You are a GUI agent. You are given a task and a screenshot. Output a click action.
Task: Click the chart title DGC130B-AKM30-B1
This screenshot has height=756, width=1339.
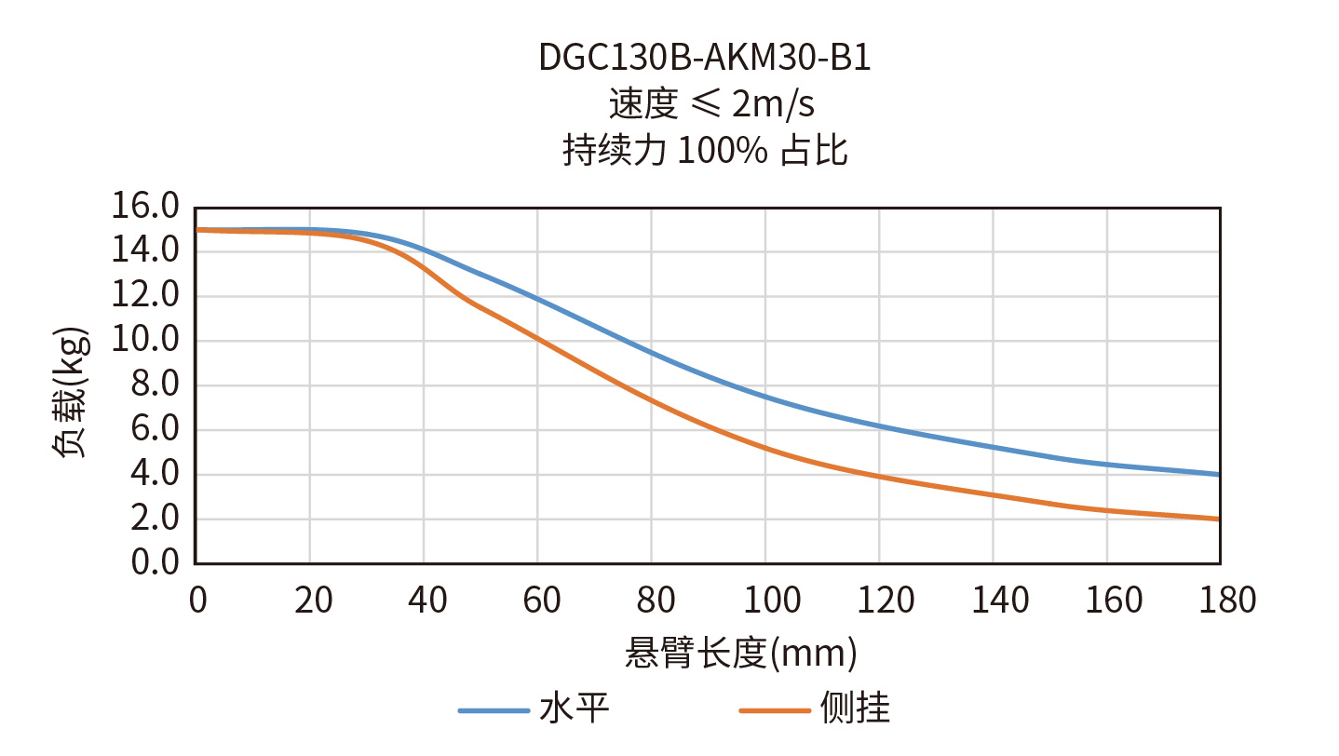705,59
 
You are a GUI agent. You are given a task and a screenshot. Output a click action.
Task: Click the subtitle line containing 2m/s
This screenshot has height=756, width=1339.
711,104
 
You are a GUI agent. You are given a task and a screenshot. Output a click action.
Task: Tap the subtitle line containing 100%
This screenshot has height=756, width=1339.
705,150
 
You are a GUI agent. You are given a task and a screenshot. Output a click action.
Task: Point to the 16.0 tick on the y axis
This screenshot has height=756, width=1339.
144,207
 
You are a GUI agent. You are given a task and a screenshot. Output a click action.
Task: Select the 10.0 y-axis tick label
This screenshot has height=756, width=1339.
144,341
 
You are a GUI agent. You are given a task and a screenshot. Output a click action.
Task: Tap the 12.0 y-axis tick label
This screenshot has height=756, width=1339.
144,296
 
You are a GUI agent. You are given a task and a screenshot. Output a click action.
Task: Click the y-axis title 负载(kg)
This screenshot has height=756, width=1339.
71,391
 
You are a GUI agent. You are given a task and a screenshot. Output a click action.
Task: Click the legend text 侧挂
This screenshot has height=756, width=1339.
855,709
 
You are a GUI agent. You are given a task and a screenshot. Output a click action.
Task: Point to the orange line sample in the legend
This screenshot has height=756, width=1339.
775,711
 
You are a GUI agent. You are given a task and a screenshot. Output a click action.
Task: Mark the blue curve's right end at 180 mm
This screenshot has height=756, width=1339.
1219,475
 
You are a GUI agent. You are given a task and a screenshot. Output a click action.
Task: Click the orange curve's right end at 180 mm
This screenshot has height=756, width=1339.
1219,519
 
